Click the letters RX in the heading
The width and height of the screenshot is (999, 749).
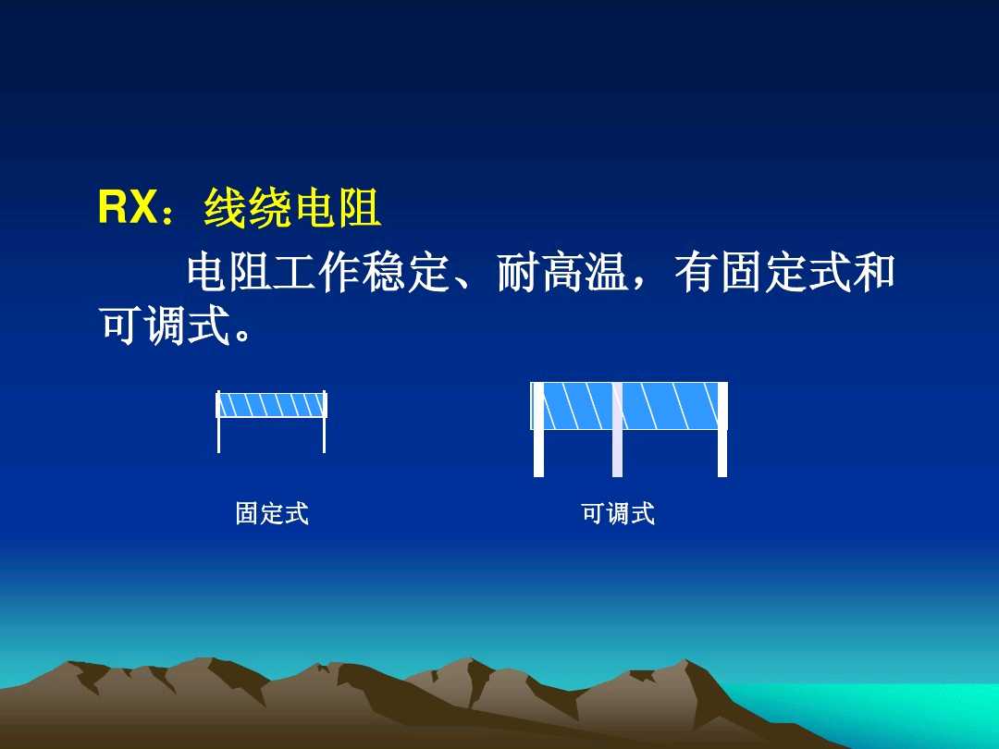(128, 208)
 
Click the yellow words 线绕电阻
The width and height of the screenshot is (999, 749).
(292, 209)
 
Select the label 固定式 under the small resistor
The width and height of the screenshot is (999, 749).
(272, 513)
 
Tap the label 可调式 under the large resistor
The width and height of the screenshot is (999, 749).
(618, 513)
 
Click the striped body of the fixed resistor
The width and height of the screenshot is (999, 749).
(272, 405)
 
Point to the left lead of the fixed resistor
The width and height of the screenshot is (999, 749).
(219, 435)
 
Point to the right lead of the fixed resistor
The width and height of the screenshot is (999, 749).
(324, 435)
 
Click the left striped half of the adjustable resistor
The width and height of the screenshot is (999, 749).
(576, 406)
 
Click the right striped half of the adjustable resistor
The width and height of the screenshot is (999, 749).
(670, 406)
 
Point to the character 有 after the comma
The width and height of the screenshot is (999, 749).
(697, 275)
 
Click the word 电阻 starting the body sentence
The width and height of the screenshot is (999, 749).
(230, 275)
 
